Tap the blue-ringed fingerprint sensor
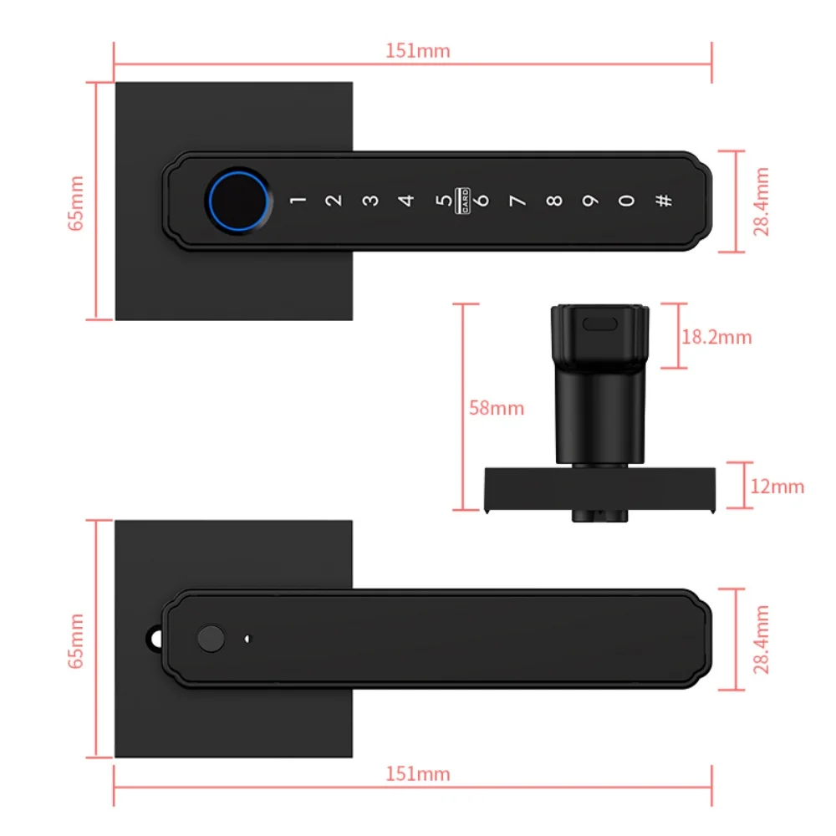(238, 201)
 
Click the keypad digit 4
(406, 201)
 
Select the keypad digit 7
(517, 201)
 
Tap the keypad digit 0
(626, 201)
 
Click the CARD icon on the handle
(462, 201)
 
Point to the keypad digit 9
(589, 201)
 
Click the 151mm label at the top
(417, 51)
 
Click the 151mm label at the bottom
(417, 773)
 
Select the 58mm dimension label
(497, 409)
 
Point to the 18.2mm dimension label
(716, 338)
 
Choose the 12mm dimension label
(777, 487)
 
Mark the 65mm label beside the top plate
(76, 203)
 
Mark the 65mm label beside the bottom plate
(76, 641)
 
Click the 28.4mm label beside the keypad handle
(762, 201)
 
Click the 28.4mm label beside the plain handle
(762, 640)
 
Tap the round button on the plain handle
(211, 638)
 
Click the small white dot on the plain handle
(247, 639)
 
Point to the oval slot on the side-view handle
(599, 324)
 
